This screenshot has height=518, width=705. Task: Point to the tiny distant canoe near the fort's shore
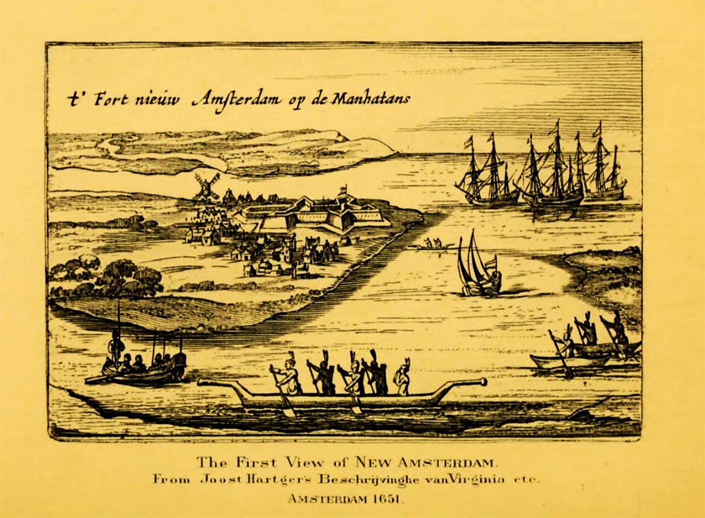point(430,246)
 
